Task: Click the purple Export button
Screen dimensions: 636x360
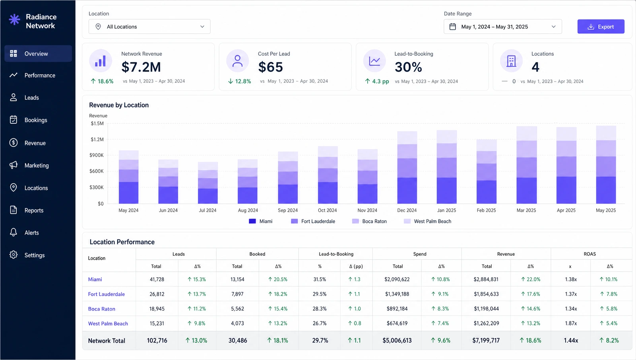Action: (x=601, y=26)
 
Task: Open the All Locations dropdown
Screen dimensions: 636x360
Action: (x=149, y=26)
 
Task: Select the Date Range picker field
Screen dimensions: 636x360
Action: (x=502, y=26)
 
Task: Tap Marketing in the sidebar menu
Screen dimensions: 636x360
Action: (x=36, y=165)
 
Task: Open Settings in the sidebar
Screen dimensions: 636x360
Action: (x=34, y=255)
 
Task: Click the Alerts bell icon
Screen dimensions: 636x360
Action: (x=14, y=232)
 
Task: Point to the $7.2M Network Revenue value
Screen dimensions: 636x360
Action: (x=141, y=67)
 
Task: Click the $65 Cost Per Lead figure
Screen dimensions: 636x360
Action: (x=270, y=67)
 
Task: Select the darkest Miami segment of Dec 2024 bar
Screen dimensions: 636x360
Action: (x=407, y=191)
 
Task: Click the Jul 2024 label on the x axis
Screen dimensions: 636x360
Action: (x=207, y=210)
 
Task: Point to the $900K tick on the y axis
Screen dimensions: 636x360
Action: (x=97, y=155)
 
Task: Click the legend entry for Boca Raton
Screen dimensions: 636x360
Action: (x=369, y=221)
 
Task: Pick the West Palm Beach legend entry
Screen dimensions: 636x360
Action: (x=427, y=221)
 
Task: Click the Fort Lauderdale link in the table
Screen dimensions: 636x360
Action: (x=106, y=294)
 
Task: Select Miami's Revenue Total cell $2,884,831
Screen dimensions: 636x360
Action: (x=486, y=279)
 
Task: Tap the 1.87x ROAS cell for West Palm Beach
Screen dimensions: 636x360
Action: (x=571, y=323)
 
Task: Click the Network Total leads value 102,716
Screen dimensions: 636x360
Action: (x=157, y=341)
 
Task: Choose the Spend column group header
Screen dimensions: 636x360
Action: (x=420, y=254)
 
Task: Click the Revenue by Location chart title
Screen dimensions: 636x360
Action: (x=119, y=105)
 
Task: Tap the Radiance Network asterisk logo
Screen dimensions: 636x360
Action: (x=14, y=19)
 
